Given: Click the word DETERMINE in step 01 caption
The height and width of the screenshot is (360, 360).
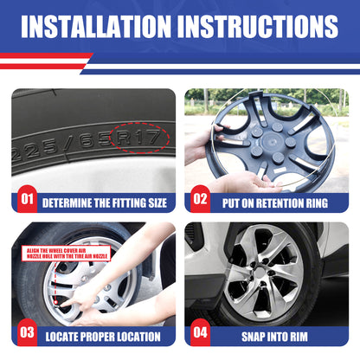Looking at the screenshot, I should pyautogui.click(x=70, y=202).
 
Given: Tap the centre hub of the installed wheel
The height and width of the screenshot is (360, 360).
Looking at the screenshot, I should pyautogui.click(x=267, y=280).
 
